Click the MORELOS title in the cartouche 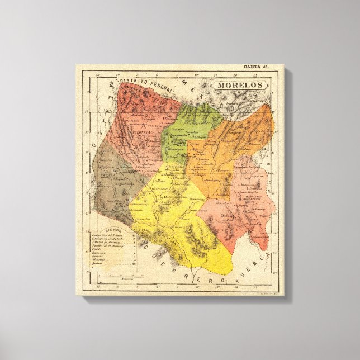239,86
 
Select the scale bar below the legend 117,275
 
